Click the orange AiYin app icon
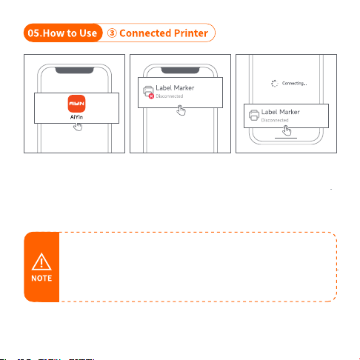click(x=76, y=104)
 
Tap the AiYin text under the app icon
click(x=76, y=117)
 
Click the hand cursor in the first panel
click(x=78, y=127)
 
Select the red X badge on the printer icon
click(x=151, y=96)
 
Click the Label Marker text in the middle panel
click(x=175, y=88)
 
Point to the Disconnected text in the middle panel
click(x=170, y=96)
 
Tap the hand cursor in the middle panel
click(x=181, y=110)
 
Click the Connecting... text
click(x=295, y=84)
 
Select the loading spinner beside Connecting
click(x=275, y=84)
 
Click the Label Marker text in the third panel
click(x=281, y=112)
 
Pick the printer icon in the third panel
click(x=254, y=116)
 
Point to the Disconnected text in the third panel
click(x=275, y=120)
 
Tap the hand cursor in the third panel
click(x=287, y=130)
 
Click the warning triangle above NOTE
click(x=41, y=261)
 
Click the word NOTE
click(x=41, y=279)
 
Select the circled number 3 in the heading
click(x=112, y=33)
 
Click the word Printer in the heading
click(x=191, y=33)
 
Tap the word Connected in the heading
click(x=145, y=33)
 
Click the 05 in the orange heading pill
click(x=34, y=33)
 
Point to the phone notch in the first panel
click(x=74, y=70)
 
